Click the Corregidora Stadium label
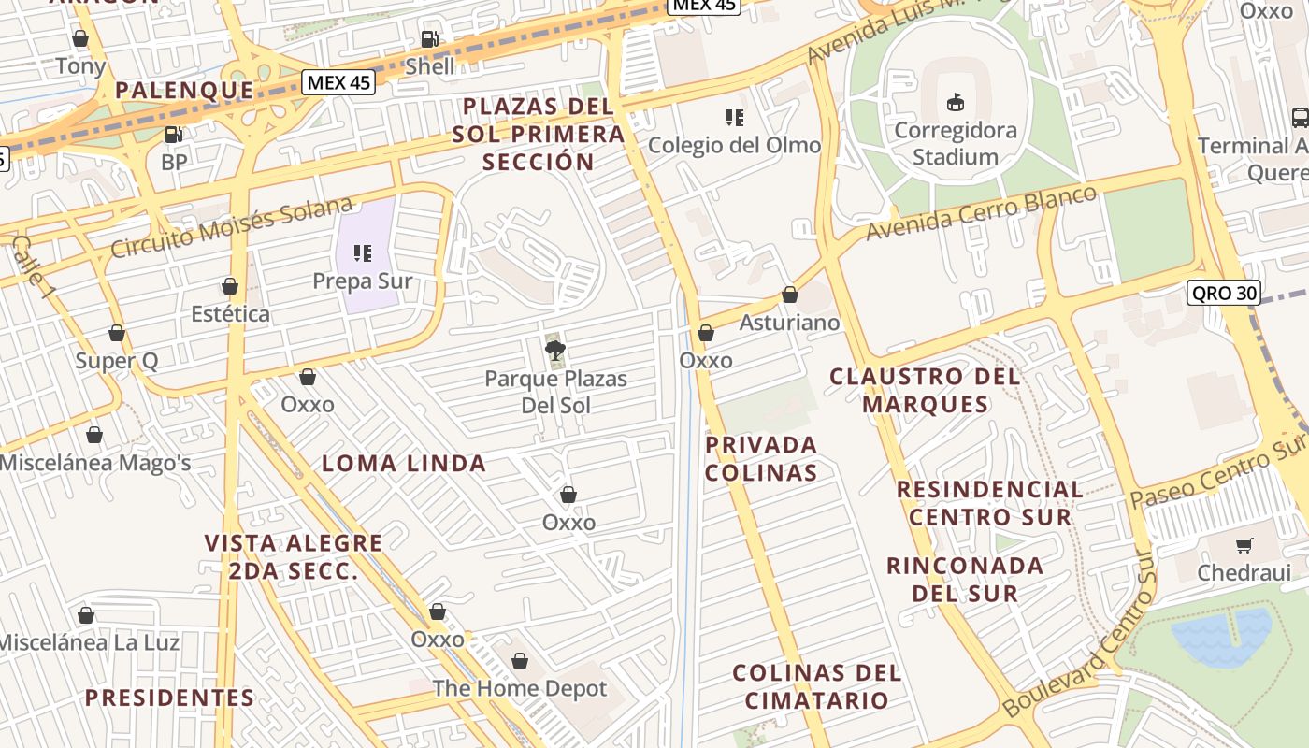tap(955, 143)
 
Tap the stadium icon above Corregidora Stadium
tap(956, 103)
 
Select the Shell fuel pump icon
tap(429, 39)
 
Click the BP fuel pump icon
tap(173, 135)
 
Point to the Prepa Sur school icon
tap(363, 252)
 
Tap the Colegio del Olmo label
tap(734, 145)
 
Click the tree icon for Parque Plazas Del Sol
tap(555, 351)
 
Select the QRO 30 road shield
tap(1223, 293)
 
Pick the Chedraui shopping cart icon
tap(1244, 545)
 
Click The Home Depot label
tap(519, 689)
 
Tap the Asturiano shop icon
tap(790, 295)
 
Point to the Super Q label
tap(117, 361)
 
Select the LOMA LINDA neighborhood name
tap(404, 463)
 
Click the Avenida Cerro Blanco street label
tap(981, 212)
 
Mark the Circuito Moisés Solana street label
tap(232, 227)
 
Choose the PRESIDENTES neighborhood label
tap(169, 698)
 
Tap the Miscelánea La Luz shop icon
tap(86, 615)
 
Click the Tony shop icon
tap(80, 39)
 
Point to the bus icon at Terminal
tap(1300, 118)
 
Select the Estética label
tap(230, 314)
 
